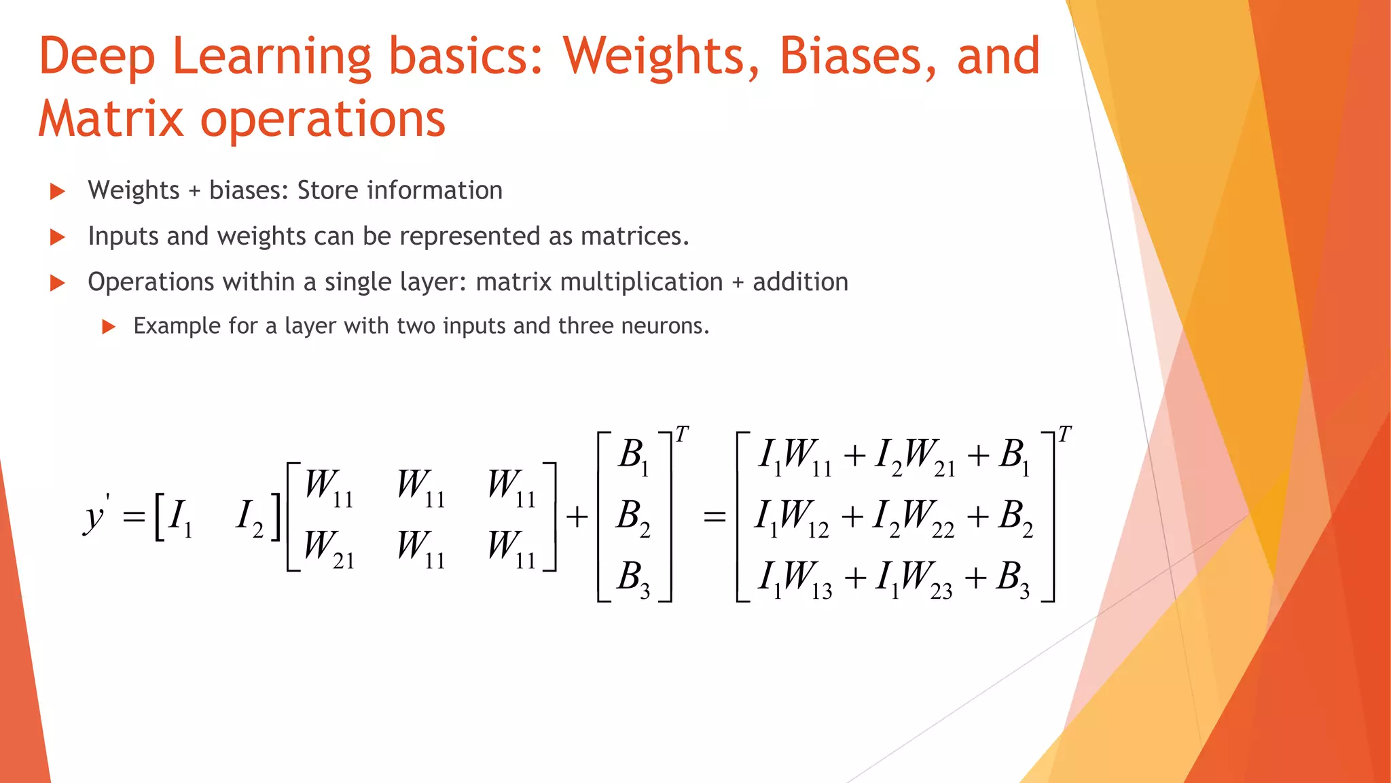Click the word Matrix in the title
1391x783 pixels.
[x=110, y=119]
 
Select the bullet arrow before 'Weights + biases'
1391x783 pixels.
[x=58, y=192]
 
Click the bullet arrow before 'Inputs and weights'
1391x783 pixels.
[x=58, y=237]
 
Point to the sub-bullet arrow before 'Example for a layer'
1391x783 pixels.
[x=108, y=327]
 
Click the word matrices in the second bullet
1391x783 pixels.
[x=634, y=236]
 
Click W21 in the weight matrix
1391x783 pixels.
[x=328, y=549]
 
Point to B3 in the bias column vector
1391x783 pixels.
[x=633, y=578]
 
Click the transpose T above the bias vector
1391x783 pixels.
[x=682, y=434]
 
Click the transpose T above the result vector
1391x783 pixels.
[x=1064, y=434]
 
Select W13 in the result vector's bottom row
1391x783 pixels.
[x=806, y=579]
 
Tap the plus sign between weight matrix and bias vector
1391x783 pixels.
[x=577, y=517]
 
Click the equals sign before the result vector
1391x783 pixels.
[x=715, y=517]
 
